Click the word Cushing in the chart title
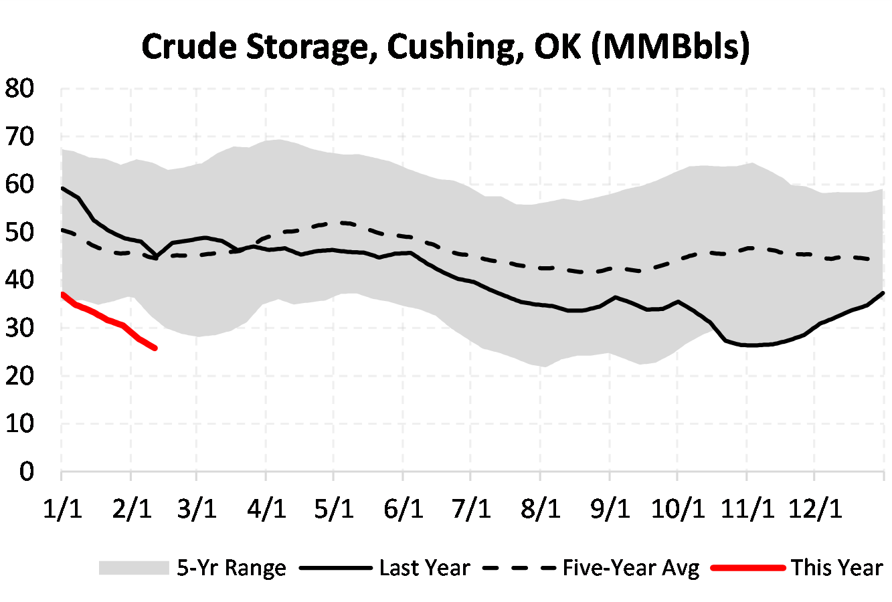coord(450,47)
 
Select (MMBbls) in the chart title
coord(671,47)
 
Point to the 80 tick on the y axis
coord(19,89)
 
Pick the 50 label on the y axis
coord(19,233)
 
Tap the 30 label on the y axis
coord(19,328)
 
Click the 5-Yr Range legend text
coord(231,569)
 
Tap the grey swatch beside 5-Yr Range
coord(133,569)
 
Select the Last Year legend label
coord(424,569)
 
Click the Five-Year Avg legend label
coord(630,569)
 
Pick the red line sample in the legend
coord(747,569)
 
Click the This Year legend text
coord(836,569)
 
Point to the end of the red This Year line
coord(155,348)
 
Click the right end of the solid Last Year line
coord(884,293)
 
